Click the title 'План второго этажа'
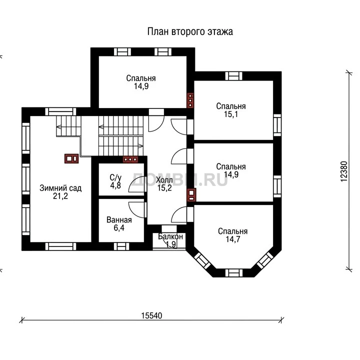(190, 31)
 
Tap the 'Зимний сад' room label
(60, 188)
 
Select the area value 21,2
(60, 196)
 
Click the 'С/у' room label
(115, 177)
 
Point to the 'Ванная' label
(119, 220)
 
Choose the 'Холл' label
(164, 180)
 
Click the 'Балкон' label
(170, 236)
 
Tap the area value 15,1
(231, 114)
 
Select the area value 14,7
(233, 239)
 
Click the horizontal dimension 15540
(151, 315)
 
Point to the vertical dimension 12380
(344, 171)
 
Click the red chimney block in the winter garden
(71, 158)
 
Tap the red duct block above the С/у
(130, 159)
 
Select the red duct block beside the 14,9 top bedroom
(190, 100)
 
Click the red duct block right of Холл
(191, 195)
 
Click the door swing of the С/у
(137, 184)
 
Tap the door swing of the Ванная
(137, 209)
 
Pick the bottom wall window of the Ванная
(121, 246)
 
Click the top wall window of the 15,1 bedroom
(233, 76)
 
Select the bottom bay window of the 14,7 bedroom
(233, 273)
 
